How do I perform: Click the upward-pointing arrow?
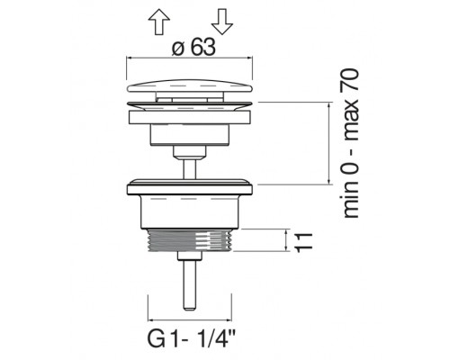159,22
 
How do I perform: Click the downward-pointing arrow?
222,22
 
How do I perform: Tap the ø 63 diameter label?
193,48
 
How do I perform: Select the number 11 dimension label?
303,242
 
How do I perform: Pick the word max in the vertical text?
350,120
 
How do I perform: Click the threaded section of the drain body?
190,240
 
